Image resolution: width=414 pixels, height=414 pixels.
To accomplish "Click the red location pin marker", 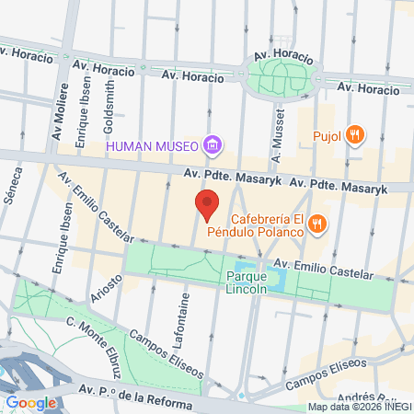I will coord(208,203).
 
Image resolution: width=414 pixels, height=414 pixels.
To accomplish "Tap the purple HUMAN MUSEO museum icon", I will coord(213,144).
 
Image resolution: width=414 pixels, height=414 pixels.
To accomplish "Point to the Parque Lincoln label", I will coord(247,282).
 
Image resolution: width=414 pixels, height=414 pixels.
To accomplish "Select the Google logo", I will coord(30,402).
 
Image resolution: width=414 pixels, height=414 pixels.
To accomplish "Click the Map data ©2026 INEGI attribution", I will coord(359,407).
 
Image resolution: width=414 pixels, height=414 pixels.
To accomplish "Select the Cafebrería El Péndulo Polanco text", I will coord(267,225).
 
